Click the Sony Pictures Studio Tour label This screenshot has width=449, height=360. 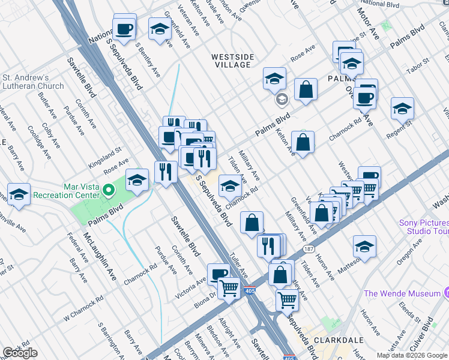click(x=424, y=226)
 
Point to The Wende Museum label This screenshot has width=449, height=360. click(x=402, y=293)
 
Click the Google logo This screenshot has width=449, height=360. click(x=20, y=353)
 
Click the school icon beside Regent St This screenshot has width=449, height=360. click(x=402, y=108)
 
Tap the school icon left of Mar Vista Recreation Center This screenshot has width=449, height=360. click(x=19, y=194)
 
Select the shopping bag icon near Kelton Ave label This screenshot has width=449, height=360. click(x=303, y=142)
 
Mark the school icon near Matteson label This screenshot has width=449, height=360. click(x=364, y=246)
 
